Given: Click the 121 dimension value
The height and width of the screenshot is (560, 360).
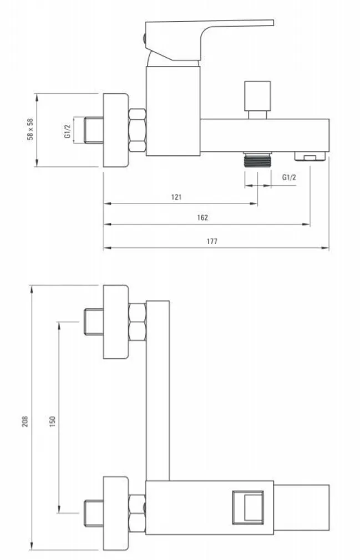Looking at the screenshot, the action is click(x=176, y=197).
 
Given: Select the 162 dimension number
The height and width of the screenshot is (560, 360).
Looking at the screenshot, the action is click(x=202, y=217).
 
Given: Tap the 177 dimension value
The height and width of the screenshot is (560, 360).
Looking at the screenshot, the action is click(x=212, y=241).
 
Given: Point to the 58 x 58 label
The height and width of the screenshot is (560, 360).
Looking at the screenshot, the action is click(x=31, y=129).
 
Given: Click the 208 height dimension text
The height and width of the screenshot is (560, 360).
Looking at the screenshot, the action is click(x=24, y=422).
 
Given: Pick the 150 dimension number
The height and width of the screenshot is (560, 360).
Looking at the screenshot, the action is click(x=53, y=422).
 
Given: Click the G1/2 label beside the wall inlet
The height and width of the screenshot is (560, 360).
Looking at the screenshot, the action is click(x=68, y=130).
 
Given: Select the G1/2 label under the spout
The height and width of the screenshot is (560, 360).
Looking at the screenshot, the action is click(x=289, y=177).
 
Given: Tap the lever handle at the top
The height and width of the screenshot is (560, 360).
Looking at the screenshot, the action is click(x=209, y=39).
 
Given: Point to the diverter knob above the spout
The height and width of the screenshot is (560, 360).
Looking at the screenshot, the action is click(x=257, y=100).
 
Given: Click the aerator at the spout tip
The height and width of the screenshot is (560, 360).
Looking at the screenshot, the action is click(x=310, y=156).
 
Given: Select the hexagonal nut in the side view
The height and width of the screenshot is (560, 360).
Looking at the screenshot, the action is click(x=137, y=130).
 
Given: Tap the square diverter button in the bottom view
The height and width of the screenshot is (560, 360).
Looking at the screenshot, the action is click(x=248, y=507).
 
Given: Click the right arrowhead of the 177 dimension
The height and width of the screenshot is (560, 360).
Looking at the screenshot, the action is click(x=326, y=247).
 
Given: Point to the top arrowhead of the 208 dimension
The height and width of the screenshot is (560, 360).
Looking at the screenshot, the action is click(x=32, y=289).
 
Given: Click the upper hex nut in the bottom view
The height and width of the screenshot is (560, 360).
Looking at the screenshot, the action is click(x=137, y=322).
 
